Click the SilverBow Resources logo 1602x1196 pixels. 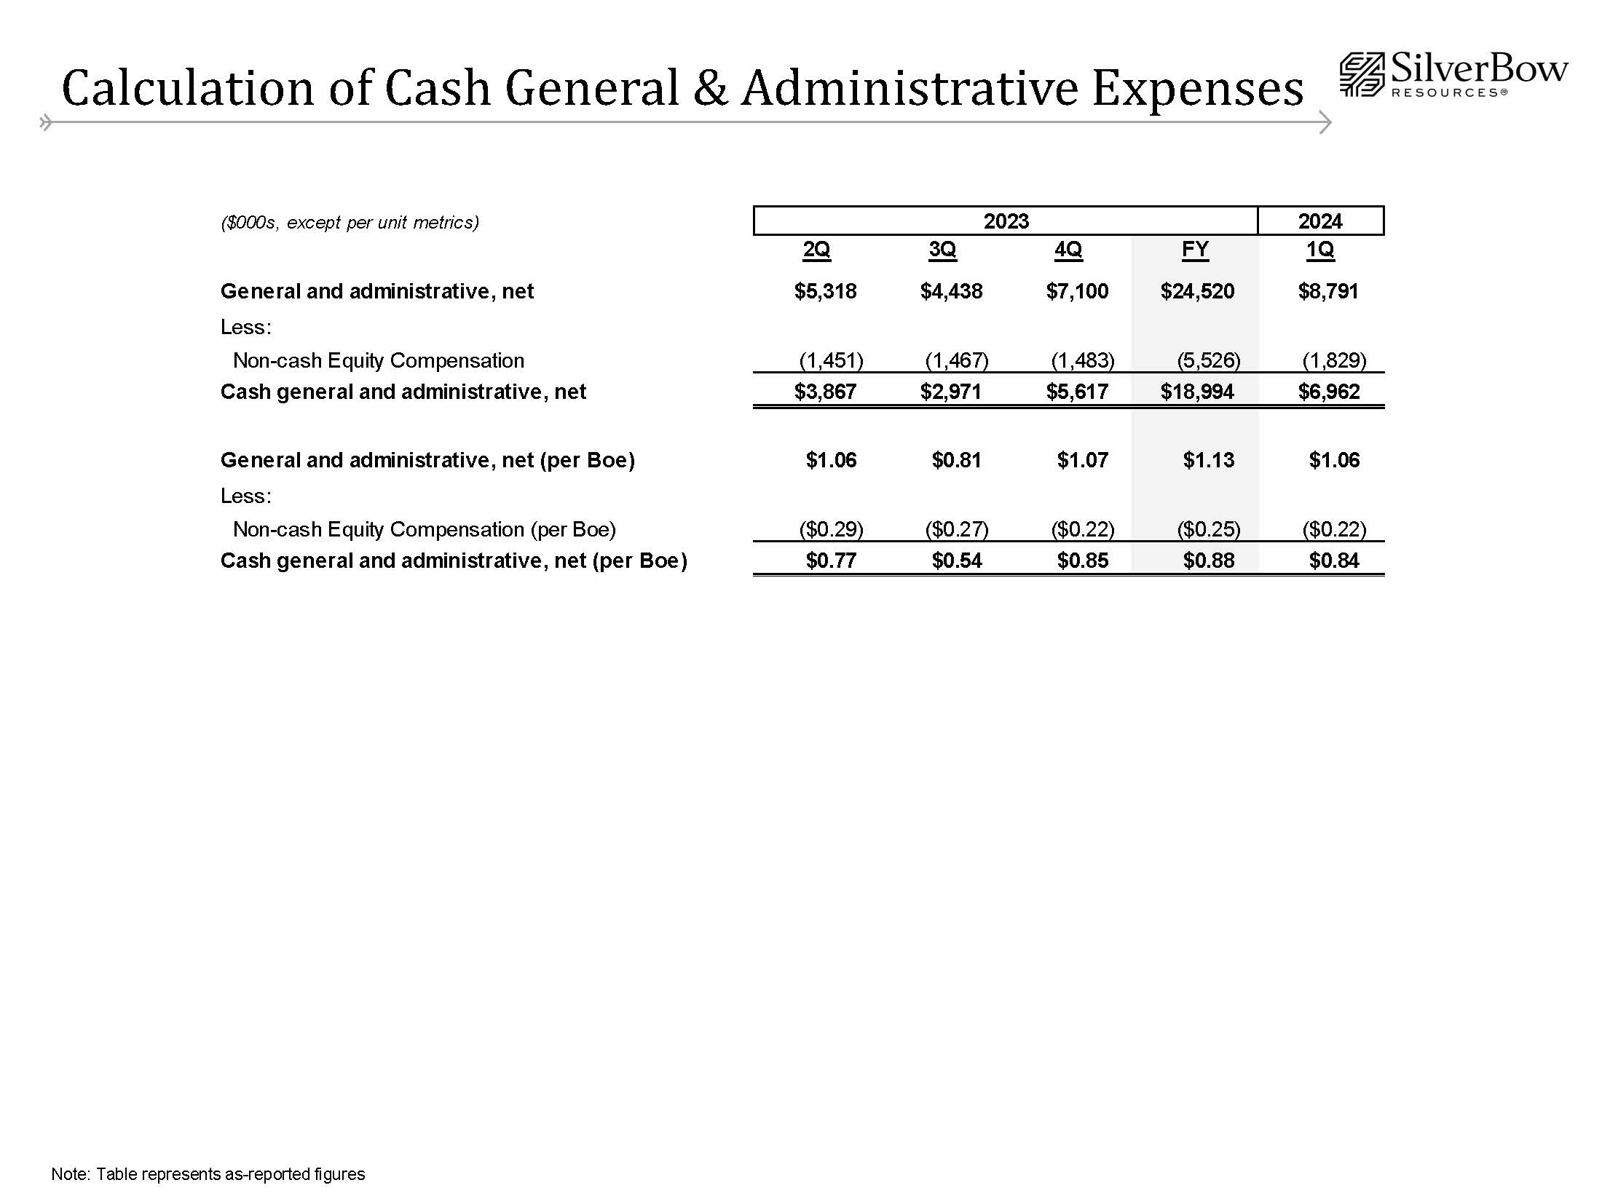1453,75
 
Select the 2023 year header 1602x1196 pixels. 1006,221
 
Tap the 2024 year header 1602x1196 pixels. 1319,221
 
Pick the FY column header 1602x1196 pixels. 1195,250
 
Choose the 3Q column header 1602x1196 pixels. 942,250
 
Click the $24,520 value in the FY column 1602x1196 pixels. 1197,292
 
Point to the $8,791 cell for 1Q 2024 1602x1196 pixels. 1328,292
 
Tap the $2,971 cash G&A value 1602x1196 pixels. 951,392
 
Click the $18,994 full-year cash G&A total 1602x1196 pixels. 1197,392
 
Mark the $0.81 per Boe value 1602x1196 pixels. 957,460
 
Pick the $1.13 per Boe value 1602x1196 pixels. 1209,460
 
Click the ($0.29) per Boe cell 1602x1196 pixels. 831,529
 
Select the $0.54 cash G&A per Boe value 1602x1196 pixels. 957,561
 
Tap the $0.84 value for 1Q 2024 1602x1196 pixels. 1334,561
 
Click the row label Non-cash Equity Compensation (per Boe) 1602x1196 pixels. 424,529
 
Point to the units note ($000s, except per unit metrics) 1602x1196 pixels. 350,223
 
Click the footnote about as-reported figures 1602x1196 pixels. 208,1174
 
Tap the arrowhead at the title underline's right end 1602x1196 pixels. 1325,122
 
